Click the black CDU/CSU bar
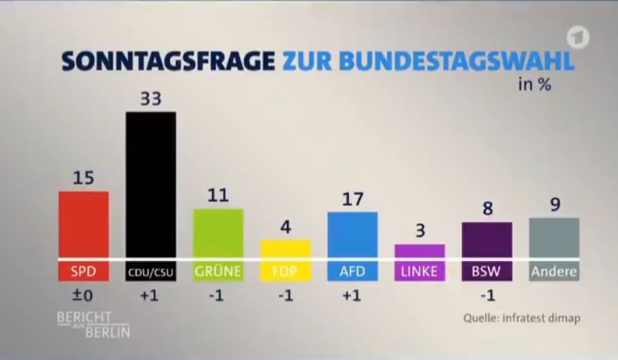[x=151, y=183]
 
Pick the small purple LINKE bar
[x=420, y=251]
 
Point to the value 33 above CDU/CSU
[x=151, y=99]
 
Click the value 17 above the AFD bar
[x=352, y=199]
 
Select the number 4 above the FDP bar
[x=285, y=228]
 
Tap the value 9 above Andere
[x=554, y=205]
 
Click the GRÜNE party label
[x=218, y=271]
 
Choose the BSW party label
[x=487, y=271]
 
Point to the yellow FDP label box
[x=285, y=271]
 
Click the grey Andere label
[x=554, y=271]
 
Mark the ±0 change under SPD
[x=84, y=296]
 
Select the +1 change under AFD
[x=352, y=296]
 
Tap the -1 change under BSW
[x=487, y=296]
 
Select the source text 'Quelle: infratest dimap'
[x=521, y=317]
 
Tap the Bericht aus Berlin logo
[x=93, y=324]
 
